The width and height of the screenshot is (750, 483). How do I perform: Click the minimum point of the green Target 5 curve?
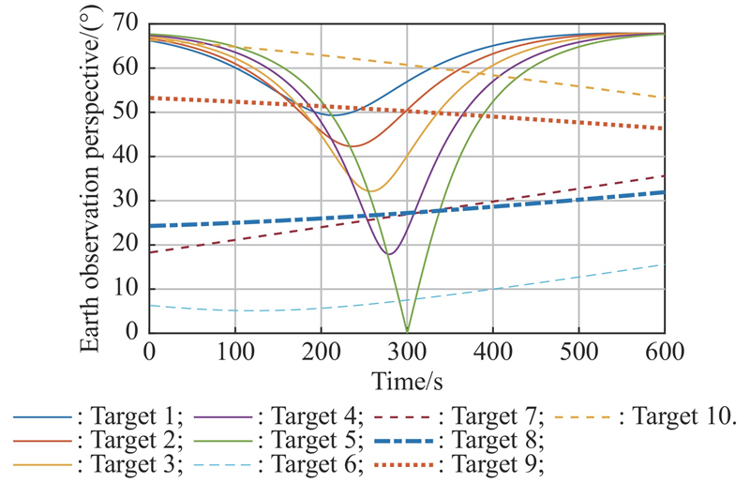coord(407,331)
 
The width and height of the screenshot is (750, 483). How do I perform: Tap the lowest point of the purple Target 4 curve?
coord(389,254)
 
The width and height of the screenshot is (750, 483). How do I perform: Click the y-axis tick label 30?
coord(127,201)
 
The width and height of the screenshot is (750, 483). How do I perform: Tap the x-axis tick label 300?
coord(407,354)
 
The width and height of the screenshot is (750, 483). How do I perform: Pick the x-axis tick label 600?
coord(664,354)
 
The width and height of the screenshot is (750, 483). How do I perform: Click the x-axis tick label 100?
coord(234,354)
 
